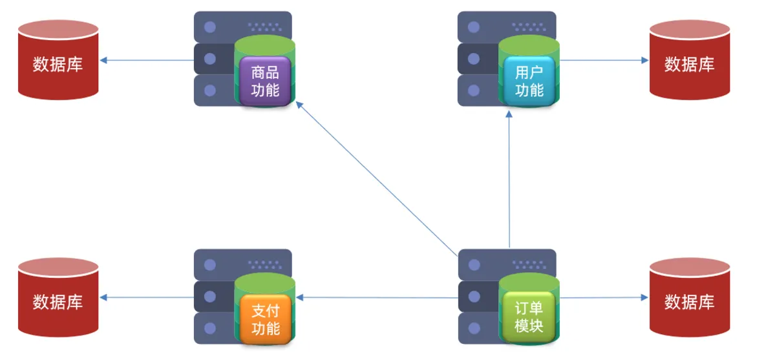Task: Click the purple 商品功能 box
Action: tap(265, 81)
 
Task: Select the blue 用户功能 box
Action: tap(529, 81)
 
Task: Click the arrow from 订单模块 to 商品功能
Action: tap(375, 178)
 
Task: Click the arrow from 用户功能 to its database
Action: tap(604, 61)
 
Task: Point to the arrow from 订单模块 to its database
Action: tap(604, 298)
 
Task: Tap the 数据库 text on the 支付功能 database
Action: tap(58, 302)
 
